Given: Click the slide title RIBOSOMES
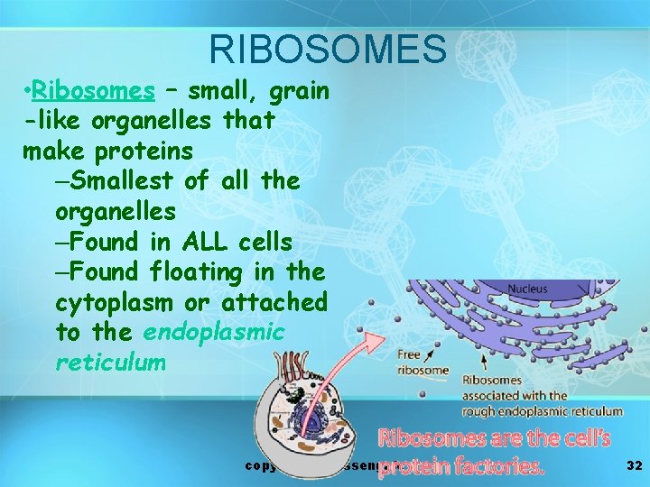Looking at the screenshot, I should [x=327, y=49].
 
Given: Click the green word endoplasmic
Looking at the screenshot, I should [x=213, y=332].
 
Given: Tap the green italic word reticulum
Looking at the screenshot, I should [x=110, y=363].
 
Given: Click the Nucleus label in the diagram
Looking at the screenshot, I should [x=526, y=289].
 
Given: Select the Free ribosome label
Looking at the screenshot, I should [x=422, y=363].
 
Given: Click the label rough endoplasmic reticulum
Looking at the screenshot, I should [x=542, y=411].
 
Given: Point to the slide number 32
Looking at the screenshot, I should [x=634, y=465].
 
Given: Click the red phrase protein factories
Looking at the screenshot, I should [x=461, y=467].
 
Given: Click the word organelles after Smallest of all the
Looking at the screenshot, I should [x=116, y=212].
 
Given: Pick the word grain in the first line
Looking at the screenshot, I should [x=299, y=91].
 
